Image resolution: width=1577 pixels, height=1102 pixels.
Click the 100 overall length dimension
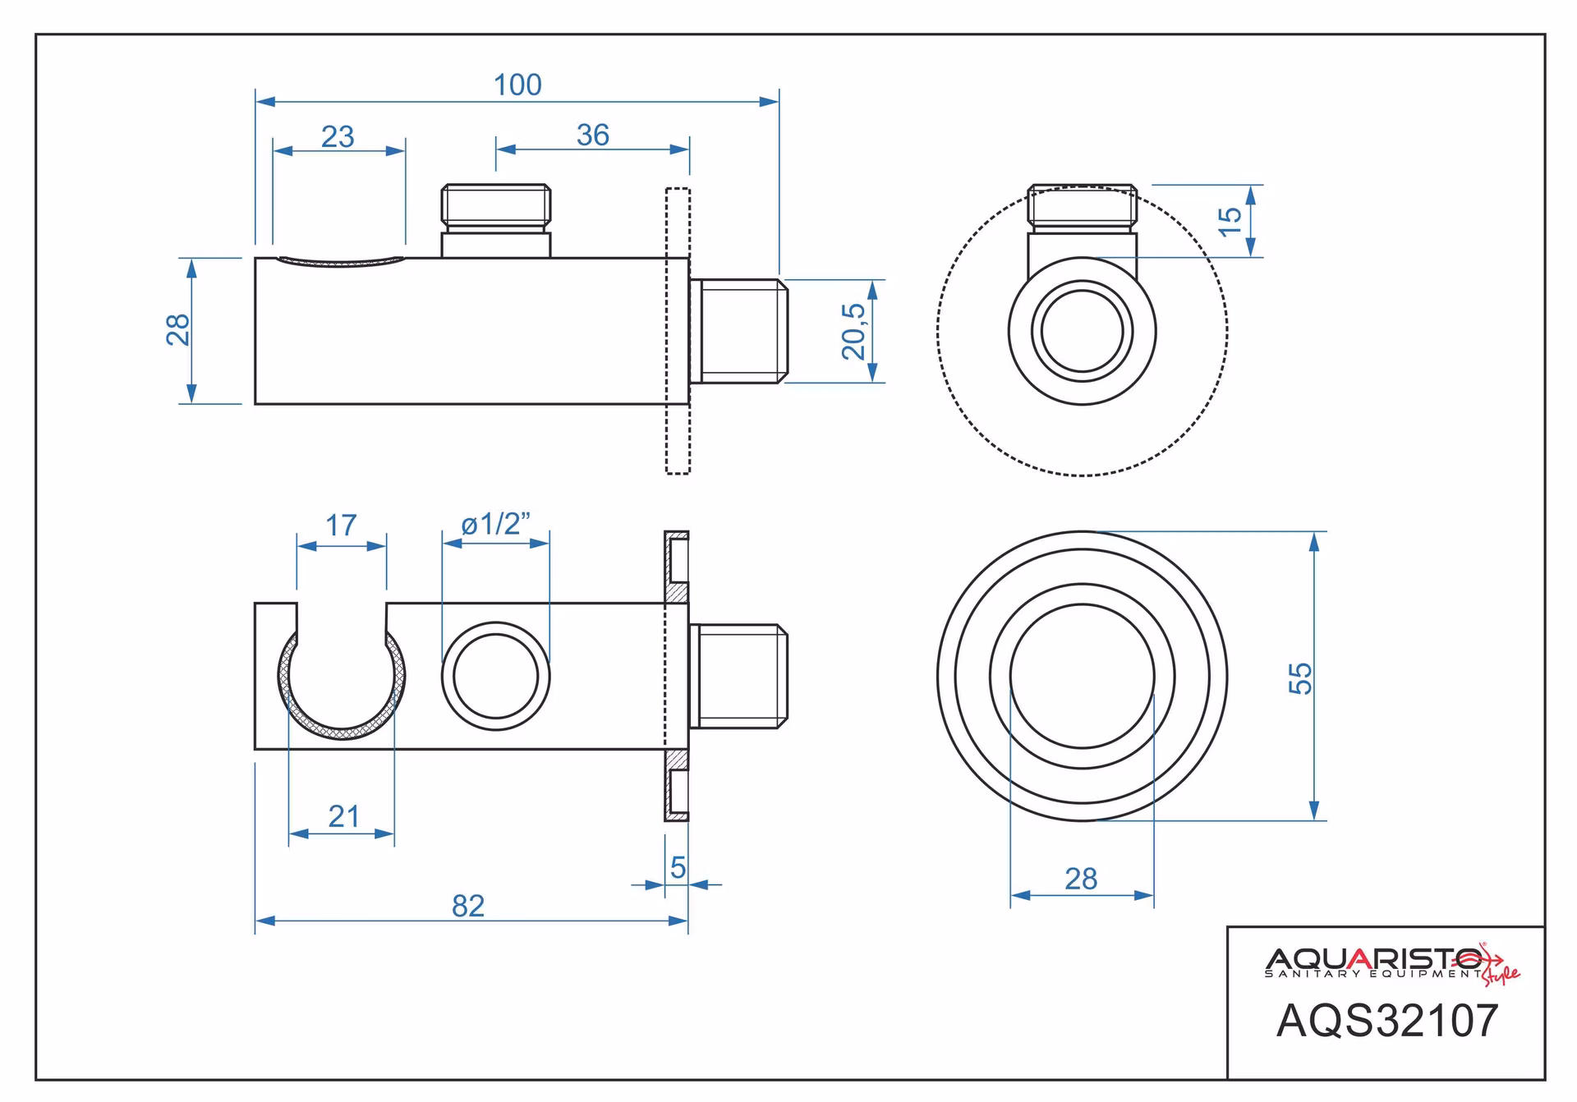pos(517,85)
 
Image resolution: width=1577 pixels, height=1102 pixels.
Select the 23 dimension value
pos(338,136)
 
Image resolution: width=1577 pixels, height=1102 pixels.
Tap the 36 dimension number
pos(593,135)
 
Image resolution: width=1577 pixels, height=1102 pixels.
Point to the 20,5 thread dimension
pos(854,331)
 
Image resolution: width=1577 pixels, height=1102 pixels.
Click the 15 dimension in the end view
pos(1230,220)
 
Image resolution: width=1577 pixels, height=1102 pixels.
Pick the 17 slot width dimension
pos(341,525)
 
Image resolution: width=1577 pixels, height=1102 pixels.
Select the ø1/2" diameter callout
pos(496,523)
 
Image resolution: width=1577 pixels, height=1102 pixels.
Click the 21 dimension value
pos(343,816)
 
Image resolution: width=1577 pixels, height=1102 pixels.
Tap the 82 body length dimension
pos(468,906)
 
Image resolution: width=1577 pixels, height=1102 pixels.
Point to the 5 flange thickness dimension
pos(678,867)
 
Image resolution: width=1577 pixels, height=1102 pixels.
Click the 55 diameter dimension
pos(1301,678)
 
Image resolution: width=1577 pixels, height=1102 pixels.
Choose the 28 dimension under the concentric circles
pos(1081,879)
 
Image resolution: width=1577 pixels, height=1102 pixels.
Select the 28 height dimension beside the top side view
pos(178,330)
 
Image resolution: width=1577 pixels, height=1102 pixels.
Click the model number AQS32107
pos(1387,1021)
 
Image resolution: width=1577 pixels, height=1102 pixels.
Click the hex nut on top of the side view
pos(496,204)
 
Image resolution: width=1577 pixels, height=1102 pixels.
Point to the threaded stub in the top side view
pos(738,331)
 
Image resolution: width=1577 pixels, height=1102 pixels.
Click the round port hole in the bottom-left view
pos(496,676)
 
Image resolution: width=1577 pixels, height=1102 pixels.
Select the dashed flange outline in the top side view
pos(678,331)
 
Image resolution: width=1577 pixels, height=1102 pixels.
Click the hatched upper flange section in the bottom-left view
pos(677,567)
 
